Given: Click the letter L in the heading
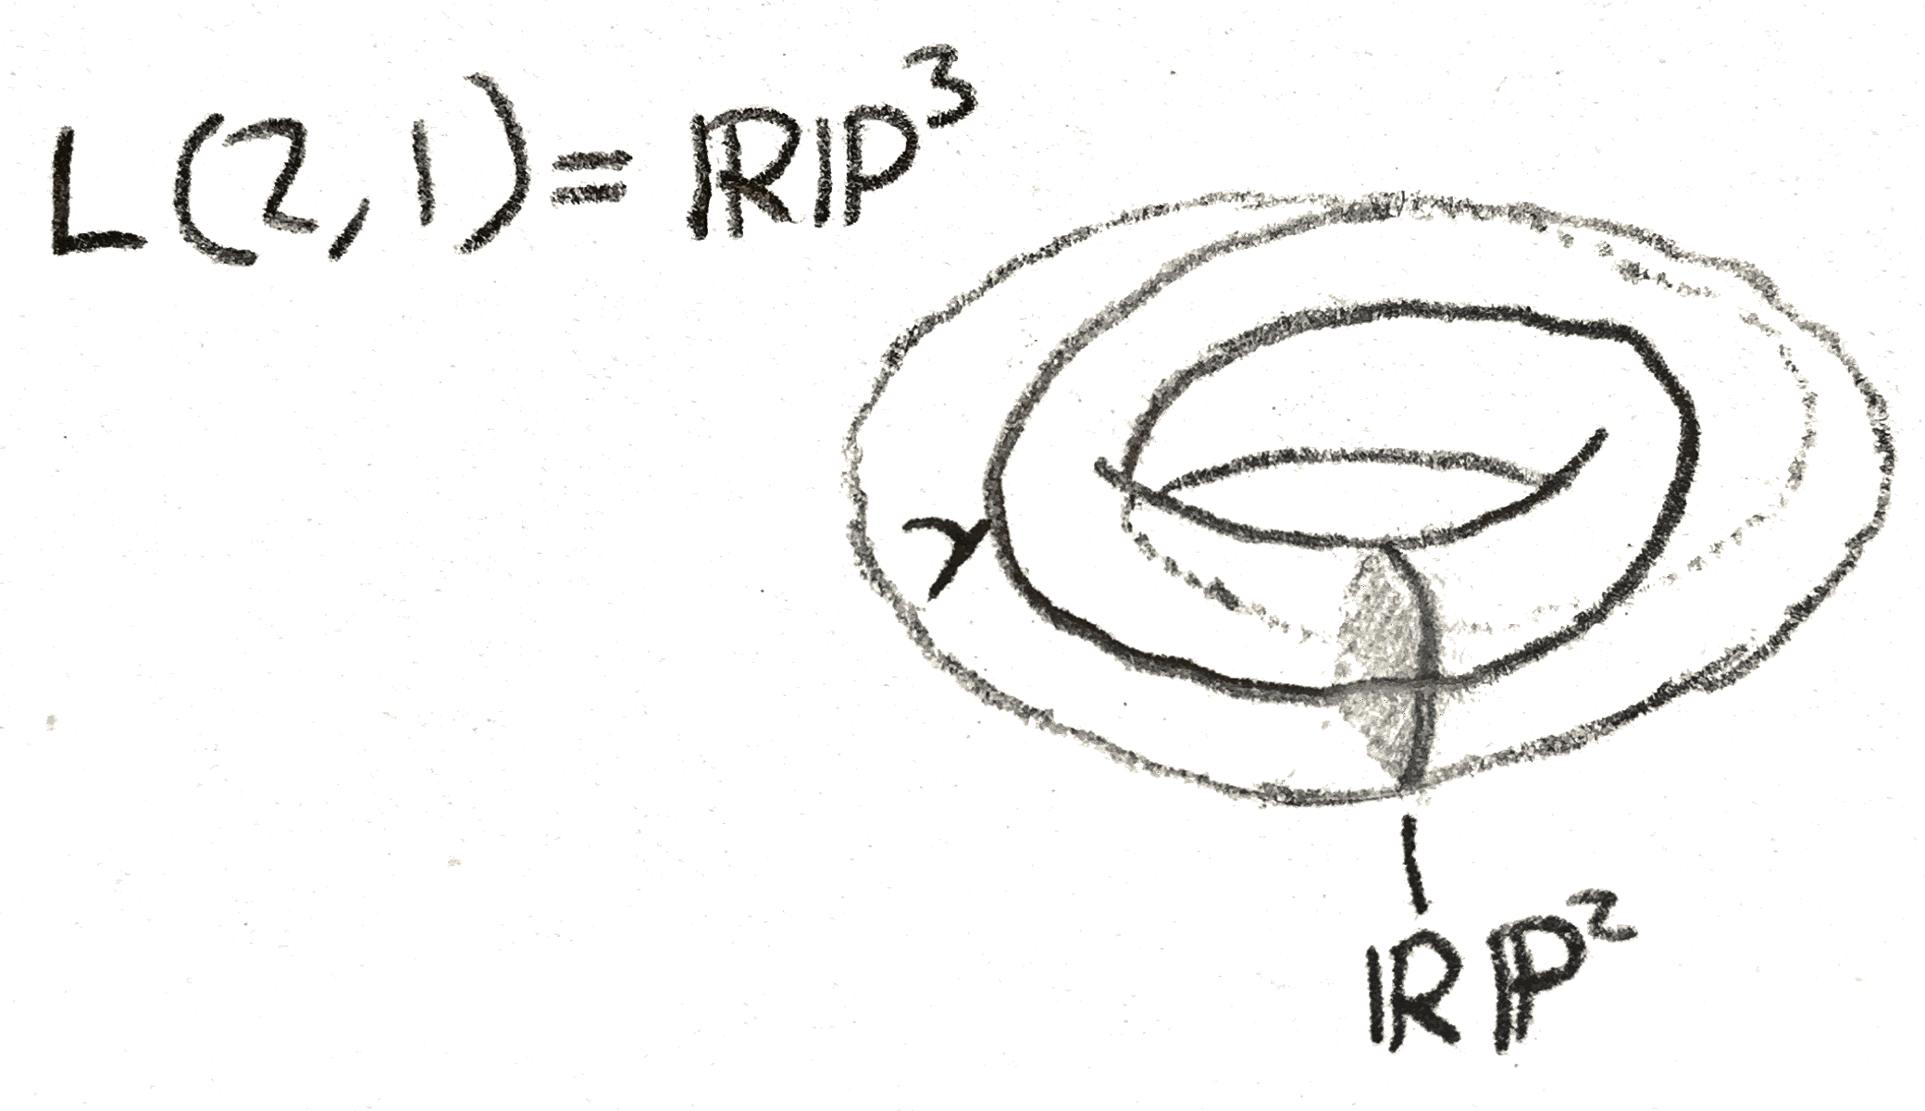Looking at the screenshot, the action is tap(97, 190).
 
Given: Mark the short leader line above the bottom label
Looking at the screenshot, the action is tap(1412, 860).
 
